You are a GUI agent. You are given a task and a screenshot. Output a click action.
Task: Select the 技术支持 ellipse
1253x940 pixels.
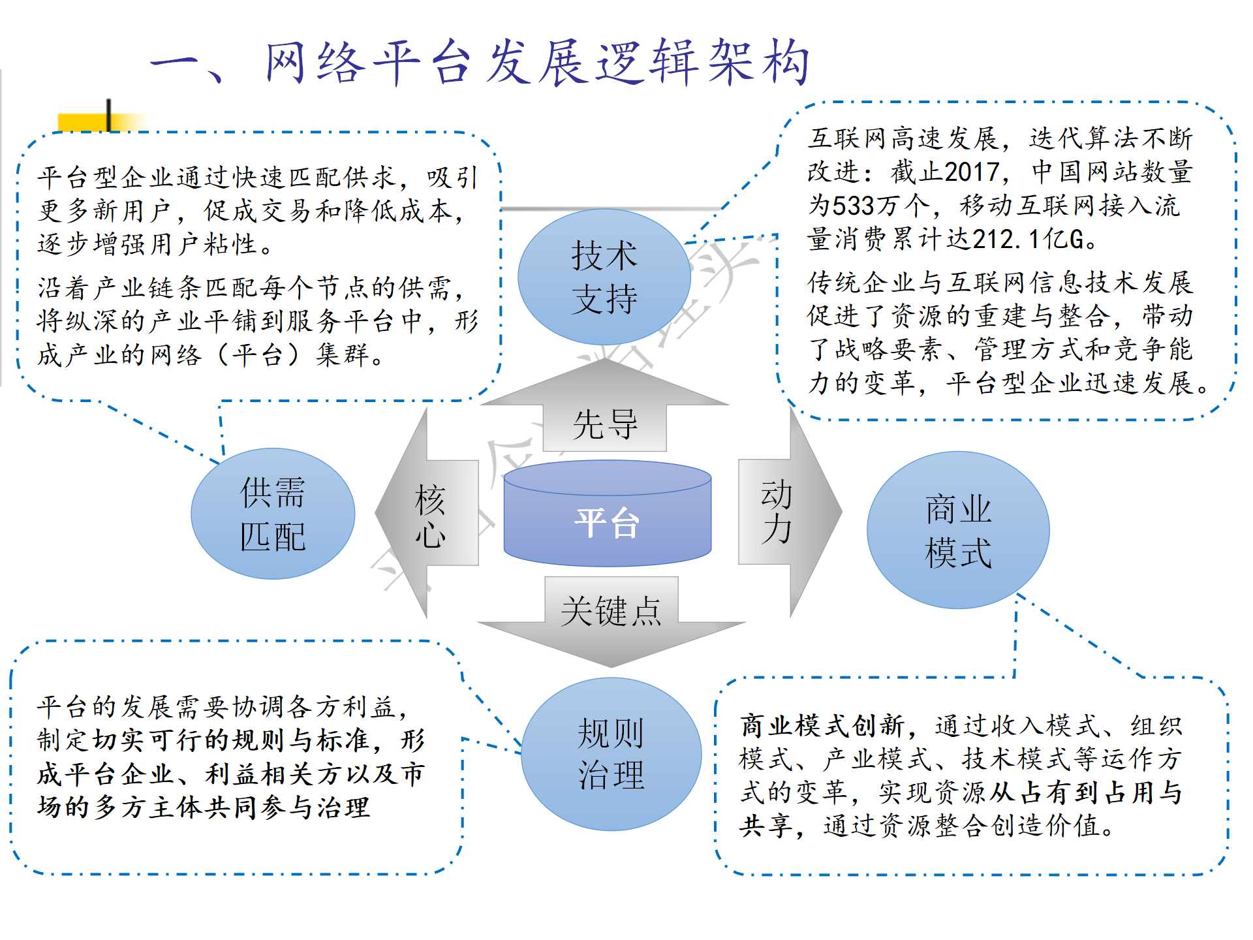604,277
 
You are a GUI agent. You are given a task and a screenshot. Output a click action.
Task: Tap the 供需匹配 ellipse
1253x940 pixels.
273,514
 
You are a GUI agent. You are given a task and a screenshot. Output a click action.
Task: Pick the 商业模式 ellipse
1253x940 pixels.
958,530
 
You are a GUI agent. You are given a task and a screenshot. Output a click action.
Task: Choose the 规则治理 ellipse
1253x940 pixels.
611,754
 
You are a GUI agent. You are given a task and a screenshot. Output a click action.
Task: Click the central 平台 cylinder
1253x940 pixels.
607,513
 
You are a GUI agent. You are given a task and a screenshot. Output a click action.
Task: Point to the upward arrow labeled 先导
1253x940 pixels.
605,405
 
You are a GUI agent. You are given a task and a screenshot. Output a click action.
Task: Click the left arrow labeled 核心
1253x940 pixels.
427,513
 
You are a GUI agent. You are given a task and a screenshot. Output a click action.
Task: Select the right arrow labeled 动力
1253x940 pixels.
790,512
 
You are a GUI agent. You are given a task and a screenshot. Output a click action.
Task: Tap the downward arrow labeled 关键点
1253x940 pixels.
611,622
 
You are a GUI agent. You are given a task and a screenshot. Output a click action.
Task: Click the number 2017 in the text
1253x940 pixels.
972,172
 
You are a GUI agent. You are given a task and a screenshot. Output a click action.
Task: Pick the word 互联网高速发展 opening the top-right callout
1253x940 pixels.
903,138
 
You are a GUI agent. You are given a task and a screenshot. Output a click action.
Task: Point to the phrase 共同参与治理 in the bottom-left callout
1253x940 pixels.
288,808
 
